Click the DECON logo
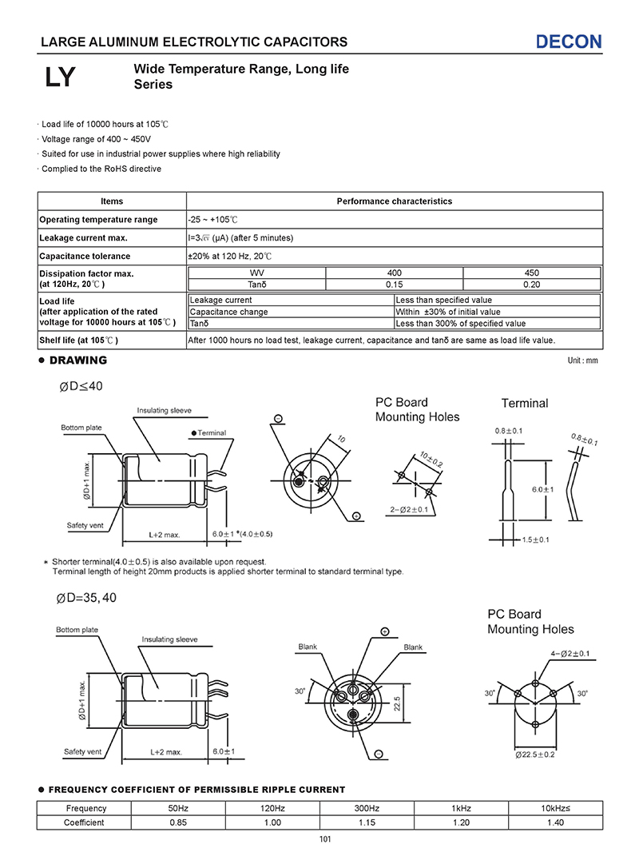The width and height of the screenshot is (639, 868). [x=569, y=42]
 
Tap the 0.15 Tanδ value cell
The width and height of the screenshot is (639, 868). [x=394, y=284]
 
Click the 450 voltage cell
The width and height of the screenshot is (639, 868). [x=531, y=273]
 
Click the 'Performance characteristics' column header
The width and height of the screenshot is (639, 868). [x=394, y=201]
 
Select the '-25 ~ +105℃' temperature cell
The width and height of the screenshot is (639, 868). [x=213, y=220]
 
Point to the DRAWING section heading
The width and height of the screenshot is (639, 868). [x=77, y=360]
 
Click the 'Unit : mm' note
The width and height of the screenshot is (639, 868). [x=582, y=361]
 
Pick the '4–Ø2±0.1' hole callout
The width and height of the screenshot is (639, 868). [x=570, y=654]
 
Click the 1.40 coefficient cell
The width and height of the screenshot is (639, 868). [x=555, y=822]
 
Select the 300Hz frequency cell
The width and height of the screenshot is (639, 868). [x=367, y=808]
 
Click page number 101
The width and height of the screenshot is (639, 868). [x=324, y=839]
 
